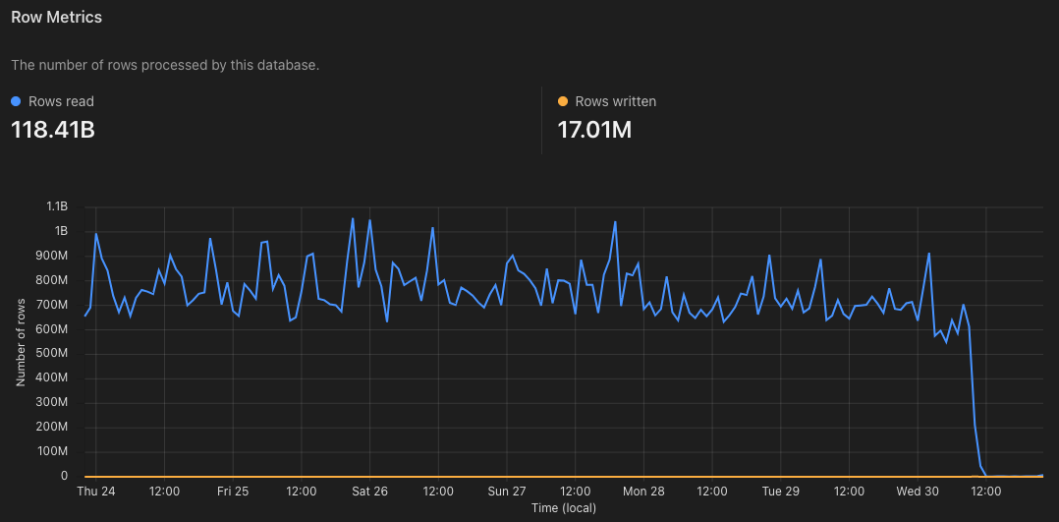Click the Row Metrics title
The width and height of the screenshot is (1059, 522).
point(56,18)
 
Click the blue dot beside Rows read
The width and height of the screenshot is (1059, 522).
point(16,101)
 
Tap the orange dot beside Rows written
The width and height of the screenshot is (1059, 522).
point(563,101)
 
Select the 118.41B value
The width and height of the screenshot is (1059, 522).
point(53,129)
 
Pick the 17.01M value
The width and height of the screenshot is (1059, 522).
point(594,129)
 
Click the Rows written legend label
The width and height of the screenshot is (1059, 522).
point(615,101)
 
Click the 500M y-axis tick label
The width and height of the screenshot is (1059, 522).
point(52,354)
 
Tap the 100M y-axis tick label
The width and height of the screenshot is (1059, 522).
point(52,452)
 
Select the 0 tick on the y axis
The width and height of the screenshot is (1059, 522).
point(64,477)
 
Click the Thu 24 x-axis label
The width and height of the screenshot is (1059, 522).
point(95,492)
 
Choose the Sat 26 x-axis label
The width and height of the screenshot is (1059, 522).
point(369,492)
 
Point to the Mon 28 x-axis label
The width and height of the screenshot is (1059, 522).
point(643,492)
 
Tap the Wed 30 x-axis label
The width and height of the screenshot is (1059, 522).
point(918,492)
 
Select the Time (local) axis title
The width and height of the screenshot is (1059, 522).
point(563,508)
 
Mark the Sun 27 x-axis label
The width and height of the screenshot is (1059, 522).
point(507,492)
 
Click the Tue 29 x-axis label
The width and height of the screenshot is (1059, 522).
point(781,492)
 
